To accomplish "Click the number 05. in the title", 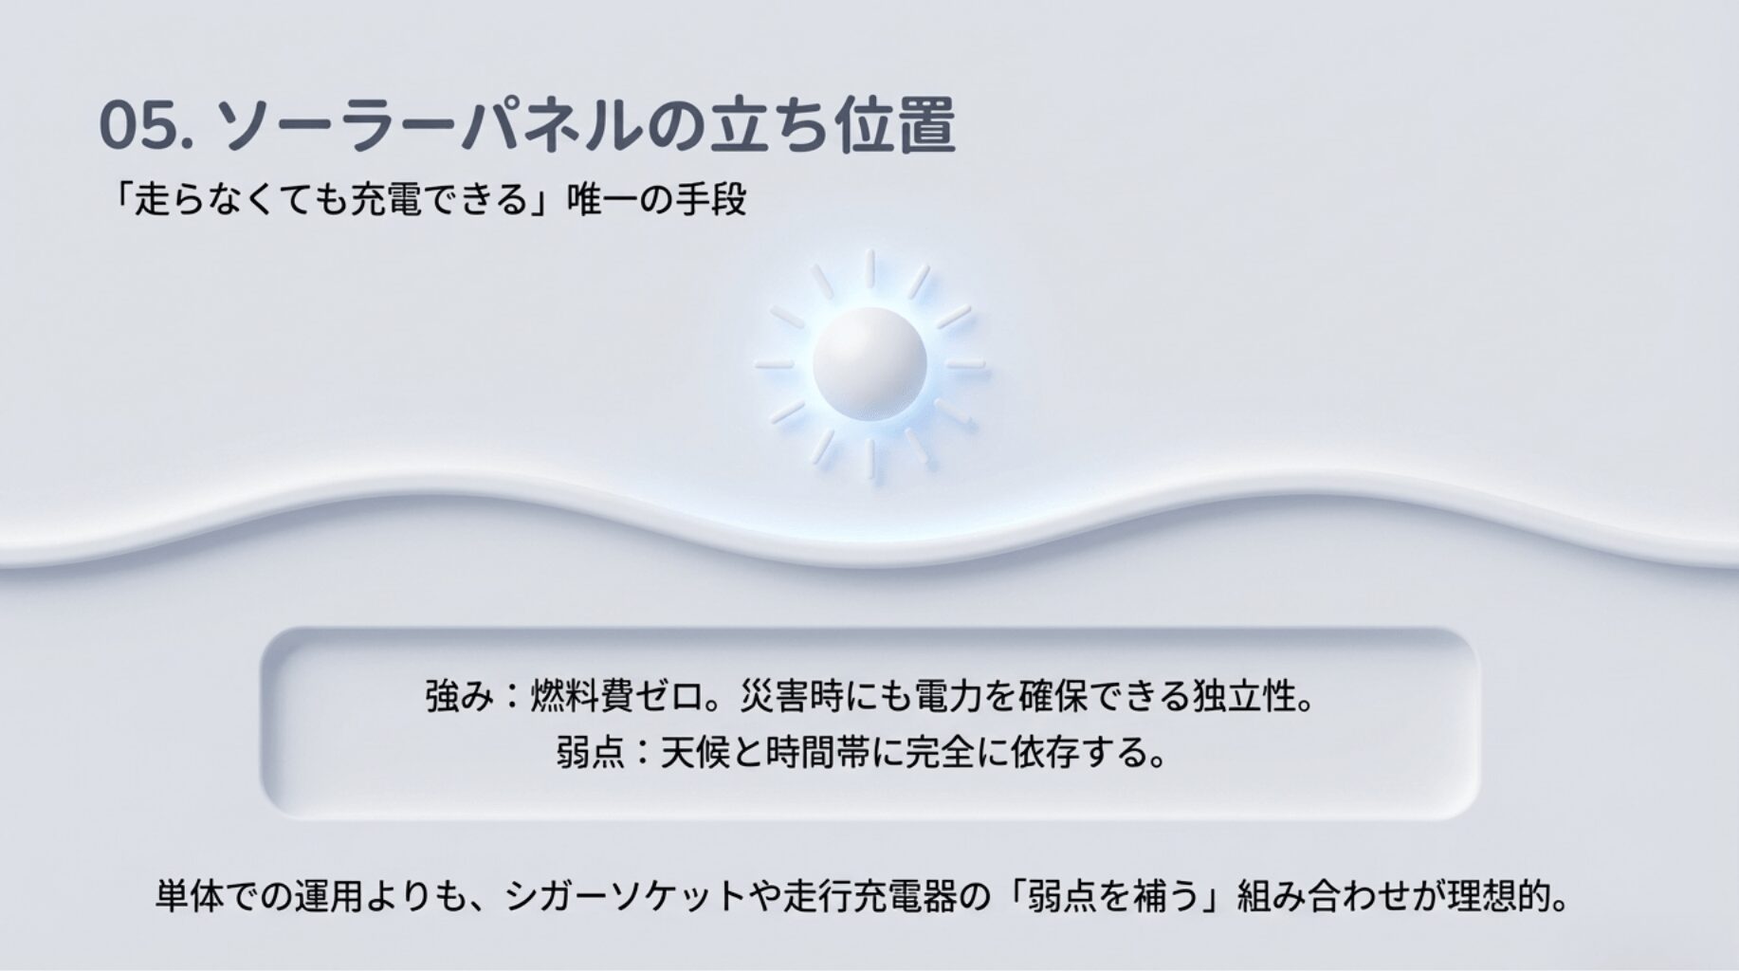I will coord(145,126).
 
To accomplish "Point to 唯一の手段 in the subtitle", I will coord(657,200).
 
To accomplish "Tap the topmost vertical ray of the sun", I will coord(869,267).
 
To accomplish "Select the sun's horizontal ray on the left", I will coord(775,363).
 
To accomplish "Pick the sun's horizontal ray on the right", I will coord(965,363).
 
